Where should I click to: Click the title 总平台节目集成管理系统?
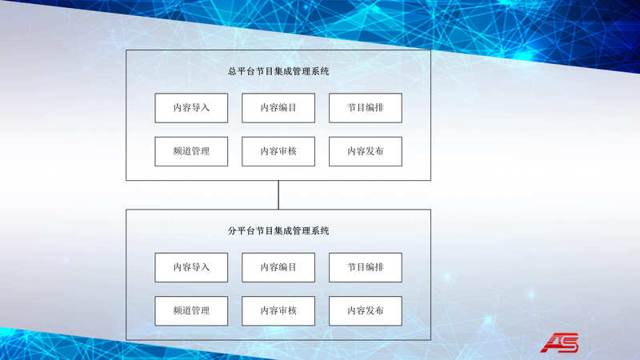[278, 71]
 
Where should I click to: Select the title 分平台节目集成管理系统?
[278, 230]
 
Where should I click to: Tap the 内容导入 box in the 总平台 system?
[191, 108]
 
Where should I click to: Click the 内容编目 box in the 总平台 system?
[278, 108]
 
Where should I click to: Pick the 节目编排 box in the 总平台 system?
[366, 108]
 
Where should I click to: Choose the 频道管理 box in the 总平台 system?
[191, 151]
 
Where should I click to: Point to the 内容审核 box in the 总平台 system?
[278, 151]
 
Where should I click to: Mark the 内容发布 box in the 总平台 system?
[366, 151]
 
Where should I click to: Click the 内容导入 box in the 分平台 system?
[191, 267]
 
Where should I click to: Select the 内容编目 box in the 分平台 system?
[278, 267]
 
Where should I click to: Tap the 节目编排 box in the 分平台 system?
[366, 267]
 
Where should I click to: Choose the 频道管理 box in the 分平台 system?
[191, 310]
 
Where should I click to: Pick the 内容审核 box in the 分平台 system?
[278, 310]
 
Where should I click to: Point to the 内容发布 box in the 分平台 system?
[366, 310]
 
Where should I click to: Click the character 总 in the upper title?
[232, 71]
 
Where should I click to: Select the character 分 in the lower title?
[232, 230]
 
